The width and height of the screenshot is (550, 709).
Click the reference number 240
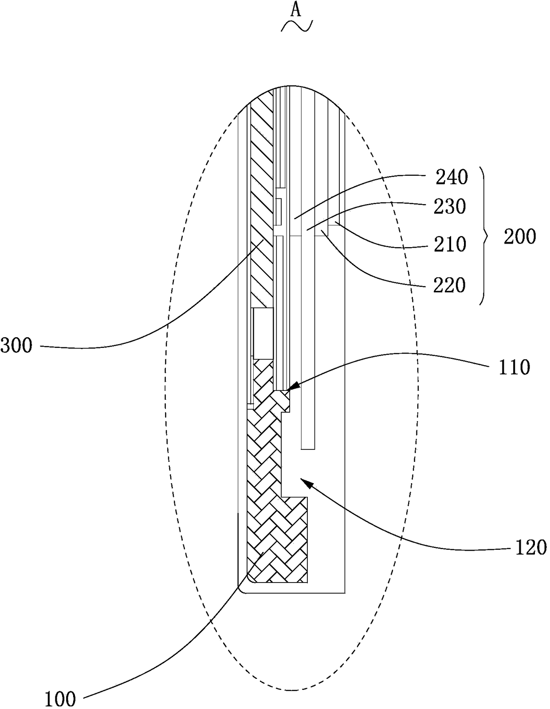[452, 177]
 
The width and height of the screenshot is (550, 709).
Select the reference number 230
[450, 207]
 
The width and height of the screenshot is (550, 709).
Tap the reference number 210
[450, 244]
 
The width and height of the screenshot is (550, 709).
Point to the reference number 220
[450, 285]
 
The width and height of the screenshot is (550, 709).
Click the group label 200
[520, 237]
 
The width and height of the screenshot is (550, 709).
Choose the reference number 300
[16, 346]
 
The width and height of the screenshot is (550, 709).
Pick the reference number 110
[514, 367]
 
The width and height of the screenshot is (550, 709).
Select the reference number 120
[531, 548]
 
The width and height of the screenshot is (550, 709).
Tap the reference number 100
[60, 699]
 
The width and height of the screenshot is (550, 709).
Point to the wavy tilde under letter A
[296, 26]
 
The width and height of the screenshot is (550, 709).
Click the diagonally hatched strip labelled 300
[262, 200]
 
